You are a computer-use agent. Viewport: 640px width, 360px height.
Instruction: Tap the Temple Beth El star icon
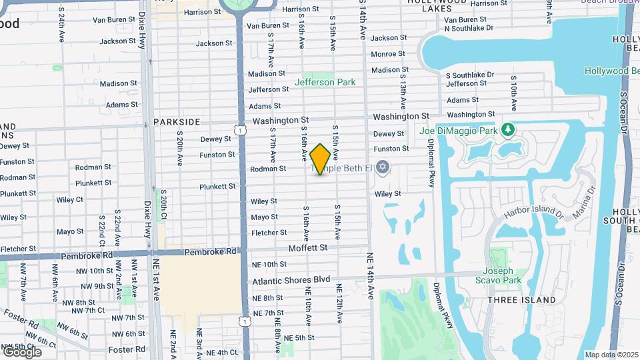click(382, 167)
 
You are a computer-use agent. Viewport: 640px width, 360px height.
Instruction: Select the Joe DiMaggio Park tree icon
click(508, 128)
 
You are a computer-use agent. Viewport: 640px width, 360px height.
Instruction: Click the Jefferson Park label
click(325, 82)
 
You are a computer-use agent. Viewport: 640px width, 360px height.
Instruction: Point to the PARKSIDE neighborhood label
click(177, 122)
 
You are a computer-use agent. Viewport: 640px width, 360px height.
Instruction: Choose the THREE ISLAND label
click(521, 300)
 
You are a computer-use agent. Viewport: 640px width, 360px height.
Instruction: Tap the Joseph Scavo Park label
click(498, 275)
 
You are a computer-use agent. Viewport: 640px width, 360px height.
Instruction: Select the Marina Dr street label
click(587, 199)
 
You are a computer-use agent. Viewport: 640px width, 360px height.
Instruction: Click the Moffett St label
click(308, 247)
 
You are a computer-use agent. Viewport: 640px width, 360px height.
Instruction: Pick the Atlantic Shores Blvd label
click(291, 280)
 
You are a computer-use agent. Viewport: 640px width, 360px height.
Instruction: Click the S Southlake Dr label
click(470, 75)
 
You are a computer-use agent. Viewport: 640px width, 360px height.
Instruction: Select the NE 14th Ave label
click(371, 275)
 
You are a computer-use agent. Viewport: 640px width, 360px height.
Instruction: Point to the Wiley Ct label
click(70, 199)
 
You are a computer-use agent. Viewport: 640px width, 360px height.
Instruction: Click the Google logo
click(21, 351)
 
